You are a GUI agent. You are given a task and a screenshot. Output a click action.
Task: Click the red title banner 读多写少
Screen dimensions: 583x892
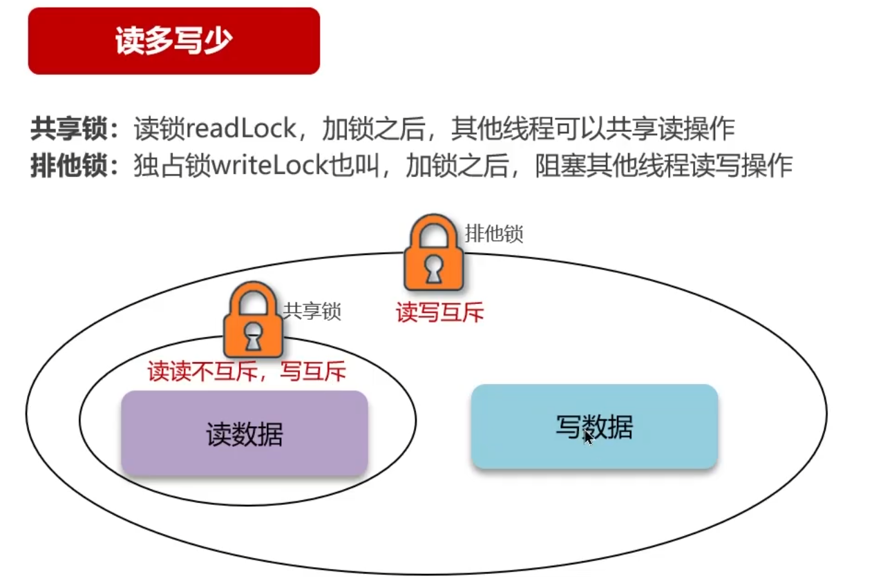point(173,41)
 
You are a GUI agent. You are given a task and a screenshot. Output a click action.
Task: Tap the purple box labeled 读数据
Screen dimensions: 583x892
point(244,434)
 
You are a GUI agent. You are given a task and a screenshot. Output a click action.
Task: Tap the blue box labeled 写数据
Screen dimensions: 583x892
point(594,427)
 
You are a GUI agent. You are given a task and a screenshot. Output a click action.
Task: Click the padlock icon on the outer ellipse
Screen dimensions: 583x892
point(433,254)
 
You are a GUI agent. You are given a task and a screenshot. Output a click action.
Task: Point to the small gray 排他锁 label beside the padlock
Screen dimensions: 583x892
point(494,233)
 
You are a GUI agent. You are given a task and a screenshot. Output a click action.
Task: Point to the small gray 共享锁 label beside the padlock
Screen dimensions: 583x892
point(312,312)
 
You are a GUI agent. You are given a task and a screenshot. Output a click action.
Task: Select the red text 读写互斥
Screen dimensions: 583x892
point(439,312)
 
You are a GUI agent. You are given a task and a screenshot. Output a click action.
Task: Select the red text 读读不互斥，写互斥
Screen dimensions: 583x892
point(247,372)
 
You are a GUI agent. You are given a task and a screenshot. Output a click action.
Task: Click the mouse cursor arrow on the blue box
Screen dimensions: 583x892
point(588,438)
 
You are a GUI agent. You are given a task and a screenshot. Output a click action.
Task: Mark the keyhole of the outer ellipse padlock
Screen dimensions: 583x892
point(433,268)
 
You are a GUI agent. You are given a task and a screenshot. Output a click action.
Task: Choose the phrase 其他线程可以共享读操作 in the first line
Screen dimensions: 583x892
point(592,128)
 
